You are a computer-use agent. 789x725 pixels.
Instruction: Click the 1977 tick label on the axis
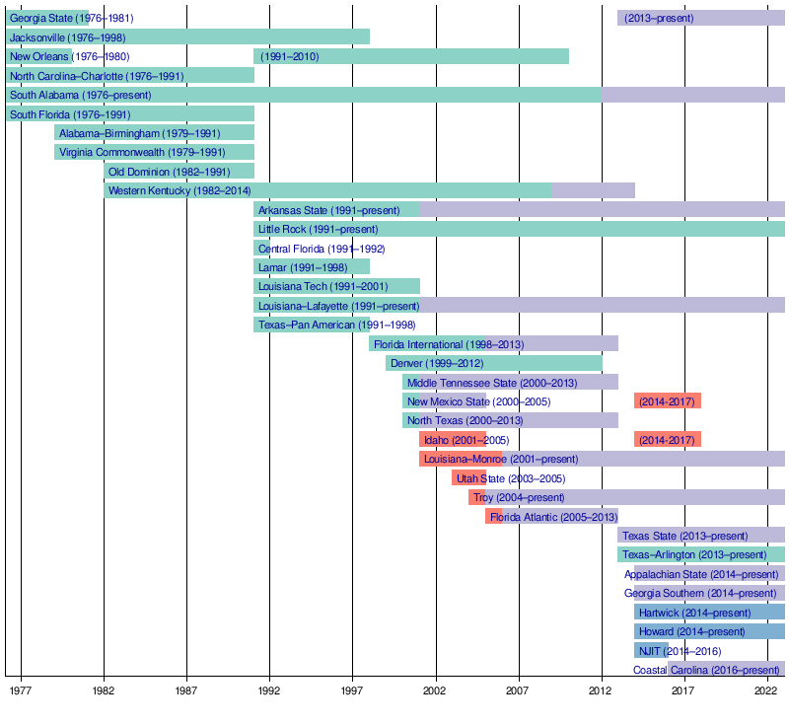point(21,691)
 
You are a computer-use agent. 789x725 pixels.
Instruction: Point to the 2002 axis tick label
point(436,691)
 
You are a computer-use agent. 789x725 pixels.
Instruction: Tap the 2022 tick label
point(767,691)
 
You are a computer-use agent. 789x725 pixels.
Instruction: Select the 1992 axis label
point(269,691)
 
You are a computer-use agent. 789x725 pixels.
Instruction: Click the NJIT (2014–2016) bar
point(651,651)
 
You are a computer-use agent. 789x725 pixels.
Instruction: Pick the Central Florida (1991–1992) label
point(322,249)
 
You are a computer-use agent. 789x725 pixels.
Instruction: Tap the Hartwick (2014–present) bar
point(709,613)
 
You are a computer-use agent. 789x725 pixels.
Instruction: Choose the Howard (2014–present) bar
point(709,631)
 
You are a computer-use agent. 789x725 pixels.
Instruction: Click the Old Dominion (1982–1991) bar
point(179,172)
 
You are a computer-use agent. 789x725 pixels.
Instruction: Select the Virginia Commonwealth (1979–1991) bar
point(154,153)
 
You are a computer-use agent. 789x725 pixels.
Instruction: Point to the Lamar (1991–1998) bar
point(311,267)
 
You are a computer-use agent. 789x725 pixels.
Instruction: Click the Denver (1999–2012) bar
point(493,363)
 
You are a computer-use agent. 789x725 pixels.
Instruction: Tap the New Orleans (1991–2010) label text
point(290,56)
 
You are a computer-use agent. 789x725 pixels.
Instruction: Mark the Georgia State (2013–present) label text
point(659,18)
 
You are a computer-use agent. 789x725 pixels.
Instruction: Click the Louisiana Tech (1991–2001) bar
point(336,286)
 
